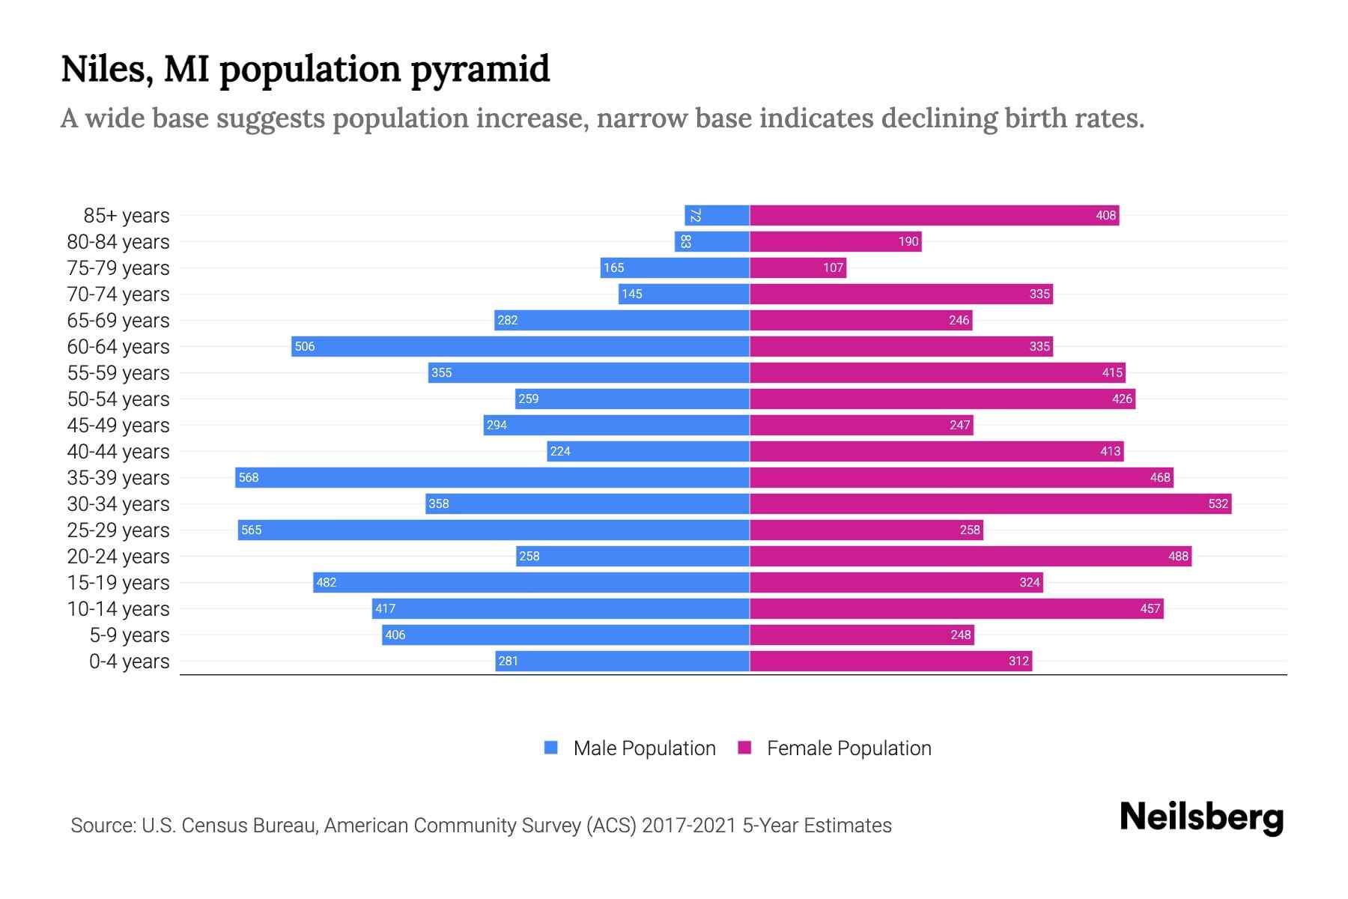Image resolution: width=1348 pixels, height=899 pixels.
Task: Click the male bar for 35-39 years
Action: coord(492,477)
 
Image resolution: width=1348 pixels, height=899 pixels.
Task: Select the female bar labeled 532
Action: coord(990,503)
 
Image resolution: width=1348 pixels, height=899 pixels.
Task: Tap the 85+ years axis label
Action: coord(126,216)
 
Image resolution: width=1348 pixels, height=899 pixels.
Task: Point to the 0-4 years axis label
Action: coord(129,662)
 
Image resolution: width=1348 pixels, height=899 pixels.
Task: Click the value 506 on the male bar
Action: coord(305,346)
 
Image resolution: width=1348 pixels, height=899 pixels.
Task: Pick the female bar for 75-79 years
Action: coord(798,267)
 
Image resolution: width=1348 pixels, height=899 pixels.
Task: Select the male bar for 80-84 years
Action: coord(711,241)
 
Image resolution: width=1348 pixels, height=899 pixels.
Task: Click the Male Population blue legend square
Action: coord(551,748)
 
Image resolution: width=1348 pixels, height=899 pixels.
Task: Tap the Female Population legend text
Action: coord(848,748)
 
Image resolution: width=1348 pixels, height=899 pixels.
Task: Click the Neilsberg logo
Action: coord(1201,817)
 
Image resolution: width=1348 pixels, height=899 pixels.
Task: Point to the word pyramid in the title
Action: coord(480,70)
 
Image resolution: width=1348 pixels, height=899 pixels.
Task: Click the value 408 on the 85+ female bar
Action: coord(1105,216)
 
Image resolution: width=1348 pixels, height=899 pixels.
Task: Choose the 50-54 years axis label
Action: coord(118,399)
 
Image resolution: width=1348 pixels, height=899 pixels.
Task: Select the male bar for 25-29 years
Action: coord(494,530)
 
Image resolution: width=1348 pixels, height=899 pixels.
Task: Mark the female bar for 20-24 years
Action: coord(970,556)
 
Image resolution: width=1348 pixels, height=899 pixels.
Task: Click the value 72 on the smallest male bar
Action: coord(695,216)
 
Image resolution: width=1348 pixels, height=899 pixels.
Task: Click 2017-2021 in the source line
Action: coord(689,826)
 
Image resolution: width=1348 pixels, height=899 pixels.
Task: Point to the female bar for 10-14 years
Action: coord(956,608)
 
